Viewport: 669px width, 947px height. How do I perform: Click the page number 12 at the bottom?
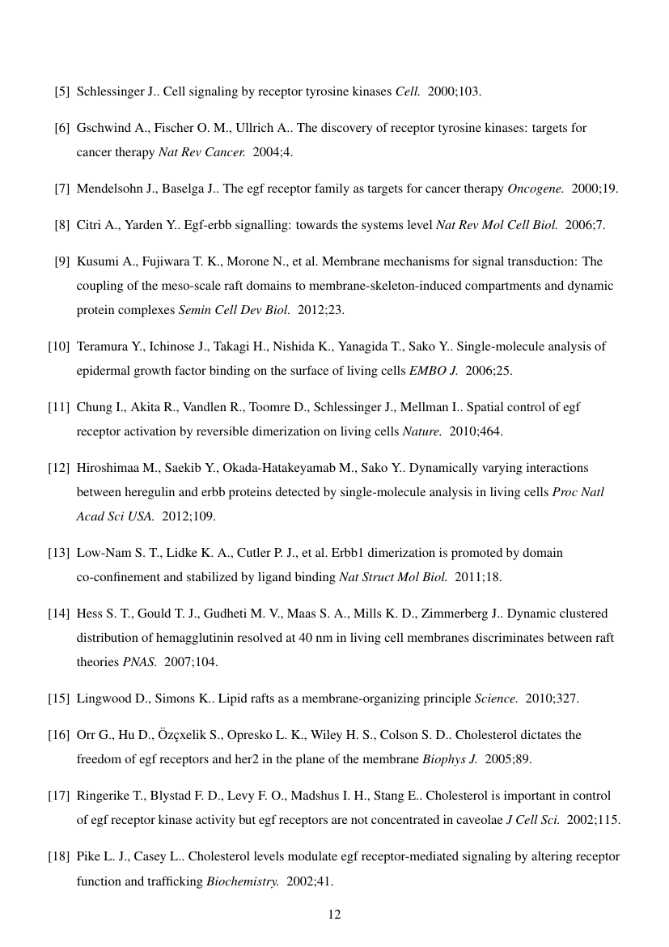pos(334,915)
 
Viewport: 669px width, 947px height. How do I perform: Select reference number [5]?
pos(61,91)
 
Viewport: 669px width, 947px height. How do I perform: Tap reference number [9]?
pos(61,261)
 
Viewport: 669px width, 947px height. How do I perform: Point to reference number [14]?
pos(58,614)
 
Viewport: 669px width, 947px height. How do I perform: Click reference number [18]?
pos(58,856)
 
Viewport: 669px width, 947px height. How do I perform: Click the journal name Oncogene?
pos(536,189)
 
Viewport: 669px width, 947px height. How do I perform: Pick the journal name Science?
pos(496,699)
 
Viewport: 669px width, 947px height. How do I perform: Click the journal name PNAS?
pos(139,662)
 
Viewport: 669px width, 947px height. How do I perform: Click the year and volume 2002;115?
pos(594,820)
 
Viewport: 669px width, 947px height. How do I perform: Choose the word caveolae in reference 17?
pos(478,820)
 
